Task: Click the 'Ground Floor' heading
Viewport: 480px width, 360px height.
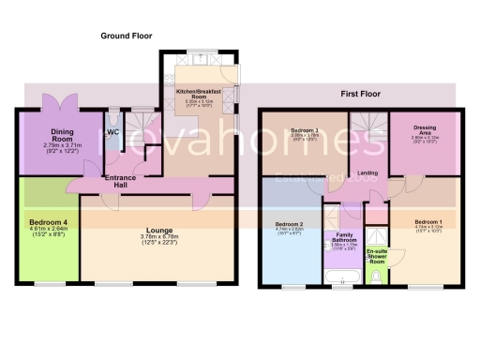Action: tap(127, 36)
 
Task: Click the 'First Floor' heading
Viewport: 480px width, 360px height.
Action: tap(359, 93)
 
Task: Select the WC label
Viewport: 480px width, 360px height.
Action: tap(112, 132)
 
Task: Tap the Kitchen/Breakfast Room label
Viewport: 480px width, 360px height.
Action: tap(199, 94)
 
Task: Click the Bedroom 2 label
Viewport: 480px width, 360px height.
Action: tap(289, 224)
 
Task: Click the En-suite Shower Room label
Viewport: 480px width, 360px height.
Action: tap(377, 256)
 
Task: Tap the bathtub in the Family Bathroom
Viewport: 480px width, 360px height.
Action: tap(338, 277)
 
